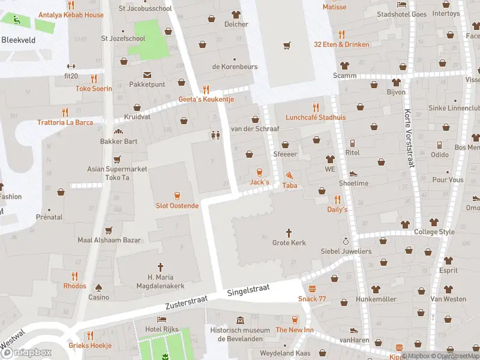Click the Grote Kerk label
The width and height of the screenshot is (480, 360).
tap(289, 243)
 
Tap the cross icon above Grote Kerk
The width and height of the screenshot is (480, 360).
tap(289, 232)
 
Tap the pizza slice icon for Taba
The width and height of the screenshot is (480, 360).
tap(290, 175)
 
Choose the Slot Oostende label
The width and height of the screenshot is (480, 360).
tap(177, 206)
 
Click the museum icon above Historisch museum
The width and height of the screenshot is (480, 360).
tap(241, 320)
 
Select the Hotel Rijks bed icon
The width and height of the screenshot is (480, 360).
tap(161, 320)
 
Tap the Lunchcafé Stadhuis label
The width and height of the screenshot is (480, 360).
tap(316, 118)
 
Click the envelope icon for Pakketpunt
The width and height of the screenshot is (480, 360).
tap(147, 74)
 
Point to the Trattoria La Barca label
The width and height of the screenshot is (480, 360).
tap(65, 122)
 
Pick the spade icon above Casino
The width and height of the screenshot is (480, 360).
tap(99, 287)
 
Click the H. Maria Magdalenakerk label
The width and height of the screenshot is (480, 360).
tap(160, 281)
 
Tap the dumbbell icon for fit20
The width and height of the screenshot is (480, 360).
tap(71, 66)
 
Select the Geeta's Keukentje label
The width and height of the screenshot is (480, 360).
tap(206, 99)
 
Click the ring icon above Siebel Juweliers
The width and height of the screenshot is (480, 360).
tap(346, 241)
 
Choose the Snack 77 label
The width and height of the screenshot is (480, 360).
tap(312, 299)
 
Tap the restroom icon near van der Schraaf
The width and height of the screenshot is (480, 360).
tap(215, 136)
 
